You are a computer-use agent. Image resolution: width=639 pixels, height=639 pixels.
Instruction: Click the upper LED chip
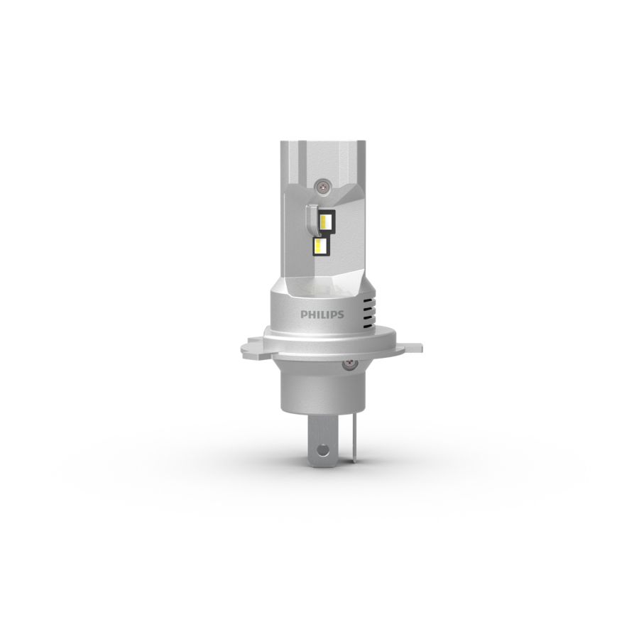pos(327,222)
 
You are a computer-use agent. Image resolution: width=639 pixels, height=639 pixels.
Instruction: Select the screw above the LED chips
pos(323,186)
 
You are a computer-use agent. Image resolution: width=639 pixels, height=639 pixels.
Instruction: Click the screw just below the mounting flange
pos(349,364)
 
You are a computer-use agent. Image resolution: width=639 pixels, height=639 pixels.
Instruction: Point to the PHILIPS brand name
pos(322,315)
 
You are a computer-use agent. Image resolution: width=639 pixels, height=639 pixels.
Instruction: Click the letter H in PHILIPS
pos(312,315)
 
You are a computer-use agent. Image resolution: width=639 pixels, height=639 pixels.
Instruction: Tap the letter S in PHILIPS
pos(340,315)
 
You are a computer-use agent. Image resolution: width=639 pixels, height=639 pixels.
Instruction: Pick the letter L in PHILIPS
pos(324,315)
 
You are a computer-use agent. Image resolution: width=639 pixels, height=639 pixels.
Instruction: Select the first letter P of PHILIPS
pos(304,315)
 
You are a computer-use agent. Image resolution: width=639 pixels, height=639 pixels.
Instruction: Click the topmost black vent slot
pos(368,300)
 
